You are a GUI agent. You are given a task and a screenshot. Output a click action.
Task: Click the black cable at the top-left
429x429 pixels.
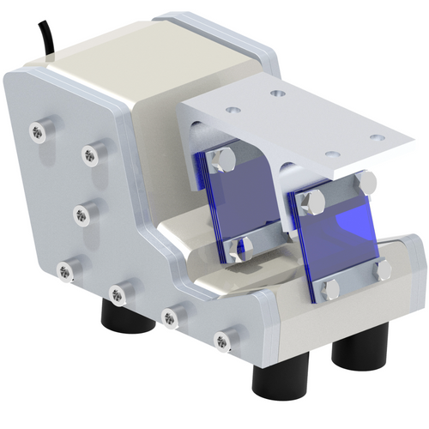tap(44, 39)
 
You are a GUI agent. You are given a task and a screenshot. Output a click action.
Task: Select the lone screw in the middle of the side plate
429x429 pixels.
tap(82, 212)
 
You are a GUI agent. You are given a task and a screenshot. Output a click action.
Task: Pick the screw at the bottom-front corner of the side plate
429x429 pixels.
tap(224, 342)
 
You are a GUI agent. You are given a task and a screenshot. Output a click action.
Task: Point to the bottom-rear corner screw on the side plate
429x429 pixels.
tap(64, 271)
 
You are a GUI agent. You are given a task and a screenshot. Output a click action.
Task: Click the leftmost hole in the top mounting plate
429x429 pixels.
tap(232, 110)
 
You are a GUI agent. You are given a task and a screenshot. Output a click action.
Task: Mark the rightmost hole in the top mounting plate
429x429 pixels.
tap(376, 136)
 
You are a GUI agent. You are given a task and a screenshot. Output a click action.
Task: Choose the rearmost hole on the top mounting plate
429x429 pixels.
tap(275, 93)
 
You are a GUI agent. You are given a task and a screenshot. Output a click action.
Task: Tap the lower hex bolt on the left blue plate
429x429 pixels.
tap(234, 250)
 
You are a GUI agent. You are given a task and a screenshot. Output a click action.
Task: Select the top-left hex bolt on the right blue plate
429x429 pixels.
tap(312, 202)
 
